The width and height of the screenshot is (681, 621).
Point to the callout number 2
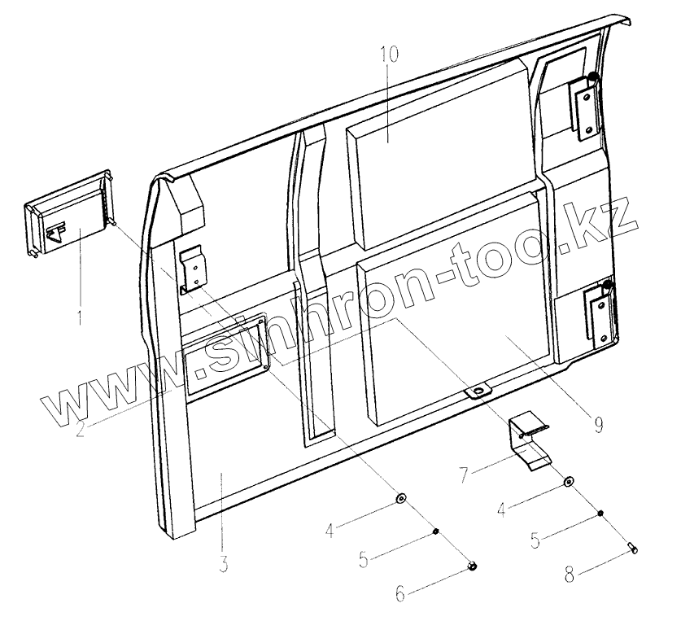point(80,429)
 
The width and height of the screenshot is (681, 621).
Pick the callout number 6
point(399,594)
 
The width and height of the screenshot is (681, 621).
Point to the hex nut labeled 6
point(473,566)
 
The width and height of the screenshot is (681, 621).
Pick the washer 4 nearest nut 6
point(401,497)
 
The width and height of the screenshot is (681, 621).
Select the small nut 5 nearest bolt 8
point(600,514)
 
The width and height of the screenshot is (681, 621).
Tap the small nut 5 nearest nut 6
point(437,531)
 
